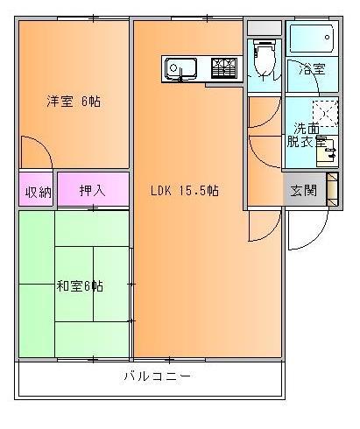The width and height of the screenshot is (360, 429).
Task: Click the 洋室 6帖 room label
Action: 74,102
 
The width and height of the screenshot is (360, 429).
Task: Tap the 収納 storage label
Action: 37,192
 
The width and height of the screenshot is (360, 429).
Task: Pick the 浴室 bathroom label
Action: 313,69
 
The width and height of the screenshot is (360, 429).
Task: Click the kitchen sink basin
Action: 181,67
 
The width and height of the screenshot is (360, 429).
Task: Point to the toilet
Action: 262,58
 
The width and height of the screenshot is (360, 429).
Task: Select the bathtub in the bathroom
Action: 311,39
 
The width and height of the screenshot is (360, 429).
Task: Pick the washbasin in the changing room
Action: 325,152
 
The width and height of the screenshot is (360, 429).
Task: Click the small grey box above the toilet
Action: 262,27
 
